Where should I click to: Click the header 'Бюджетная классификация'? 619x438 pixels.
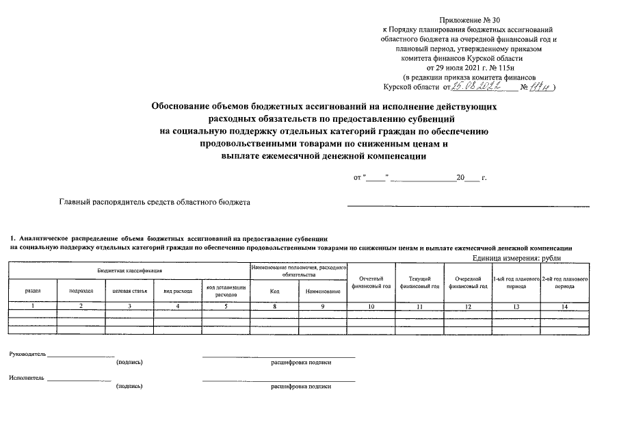(x=129, y=271)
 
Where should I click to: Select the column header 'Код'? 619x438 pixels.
(x=274, y=291)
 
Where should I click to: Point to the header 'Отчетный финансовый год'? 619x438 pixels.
(x=371, y=282)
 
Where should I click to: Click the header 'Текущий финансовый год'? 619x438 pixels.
(x=419, y=282)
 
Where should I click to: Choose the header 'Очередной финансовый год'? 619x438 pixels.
(x=468, y=282)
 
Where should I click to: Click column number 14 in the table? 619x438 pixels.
(x=564, y=307)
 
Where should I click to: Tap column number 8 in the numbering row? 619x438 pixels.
(x=274, y=307)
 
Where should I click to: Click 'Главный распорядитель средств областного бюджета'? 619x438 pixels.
(x=155, y=203)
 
